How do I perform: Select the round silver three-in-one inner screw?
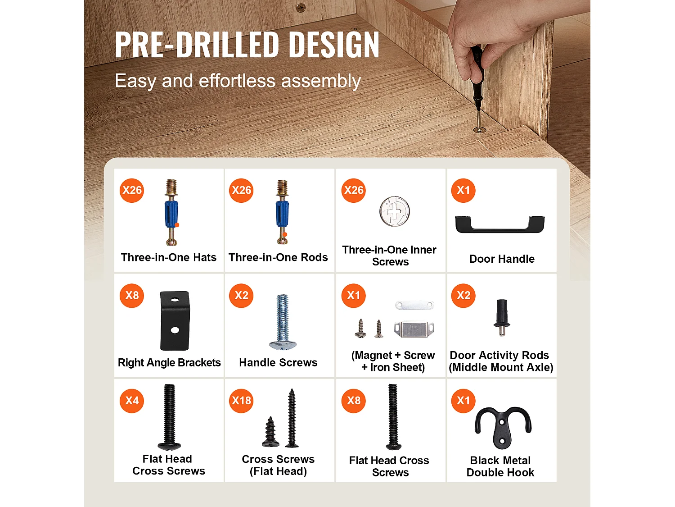click(x=395, y=211)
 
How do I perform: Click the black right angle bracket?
click(x=175, y=320)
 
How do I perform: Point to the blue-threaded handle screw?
click(x=283, y=322)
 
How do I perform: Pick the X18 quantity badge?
click(x=241, y=401)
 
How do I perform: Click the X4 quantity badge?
click(x=132, y=401)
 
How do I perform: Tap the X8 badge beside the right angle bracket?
click(x=132, y=296)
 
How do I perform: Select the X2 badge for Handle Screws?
click(x=241, y=296)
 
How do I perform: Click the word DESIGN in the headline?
click(x=334, y=45)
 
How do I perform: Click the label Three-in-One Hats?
click(x=168, y=257)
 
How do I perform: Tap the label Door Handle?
click(x=502, y=259)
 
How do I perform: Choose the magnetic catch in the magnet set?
click(x=414, y=329)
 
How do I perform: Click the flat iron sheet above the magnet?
click(x=414, y=305)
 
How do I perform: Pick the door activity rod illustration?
click(x=502, y=317)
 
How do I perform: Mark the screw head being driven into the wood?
click(x=479, y=130)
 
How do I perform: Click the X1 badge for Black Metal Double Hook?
click(x=463, y=401)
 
